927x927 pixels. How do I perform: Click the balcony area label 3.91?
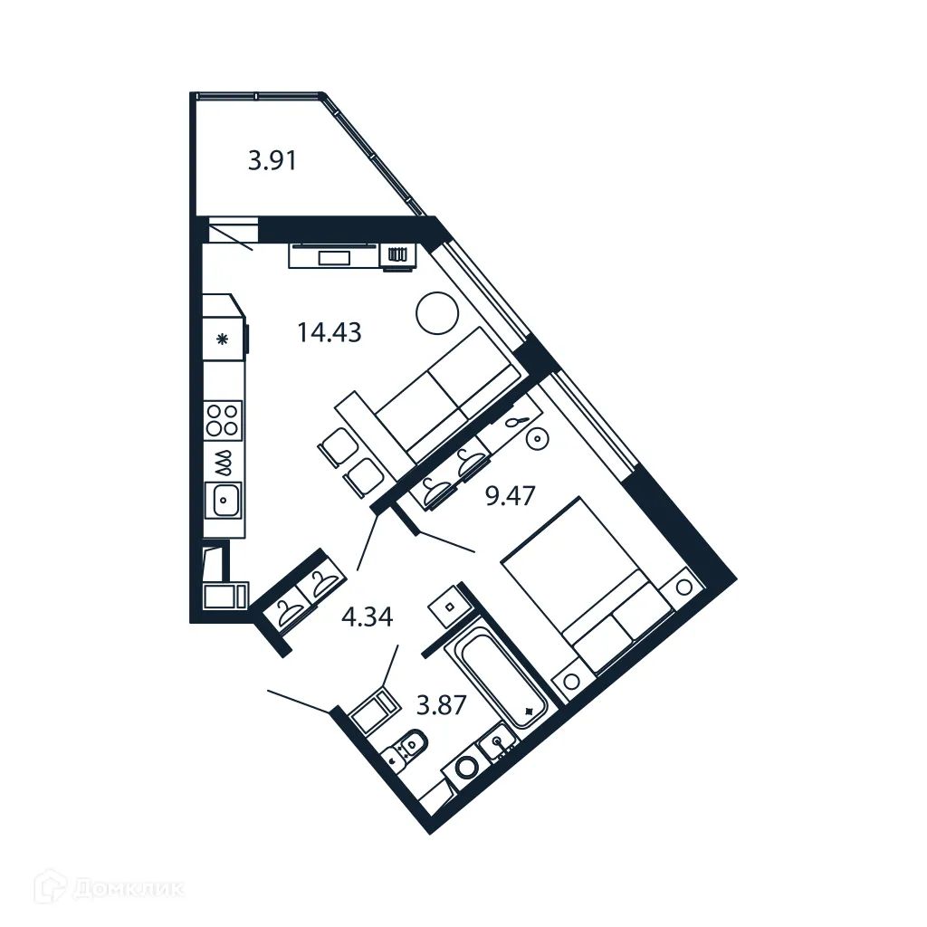click(x=272, y=162)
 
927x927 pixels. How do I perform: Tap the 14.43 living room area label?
click(x=329, y=332)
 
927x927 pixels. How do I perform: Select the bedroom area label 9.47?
click(x=511, y=495)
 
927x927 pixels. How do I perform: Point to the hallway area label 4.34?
click(x=367, y=617)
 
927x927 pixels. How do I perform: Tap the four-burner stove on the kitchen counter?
click(x=223, y=421)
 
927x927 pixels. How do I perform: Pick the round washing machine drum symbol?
click(x=465, y=768)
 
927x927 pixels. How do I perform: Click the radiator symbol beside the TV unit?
click(x=397, y=256)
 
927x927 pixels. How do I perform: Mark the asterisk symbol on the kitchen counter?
click(x=223, y=339)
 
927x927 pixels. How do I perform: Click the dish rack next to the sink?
click(x=224, y=463)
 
